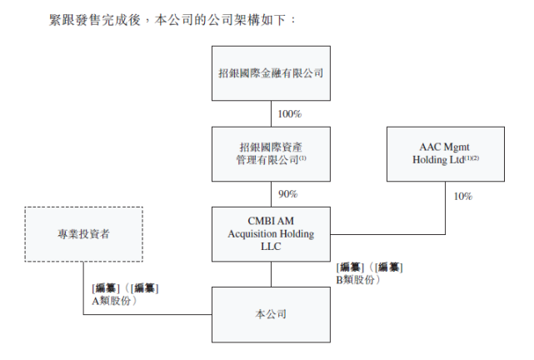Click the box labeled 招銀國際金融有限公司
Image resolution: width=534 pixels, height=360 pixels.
point(270,72)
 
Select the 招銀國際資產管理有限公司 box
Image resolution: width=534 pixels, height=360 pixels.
point(270,153)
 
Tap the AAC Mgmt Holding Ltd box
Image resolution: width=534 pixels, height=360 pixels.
point(445,153)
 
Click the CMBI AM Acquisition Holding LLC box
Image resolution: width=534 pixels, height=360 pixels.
point(270,234)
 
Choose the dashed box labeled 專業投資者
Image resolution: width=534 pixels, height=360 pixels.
point(83,234)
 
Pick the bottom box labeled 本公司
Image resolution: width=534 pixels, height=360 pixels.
point(270,314)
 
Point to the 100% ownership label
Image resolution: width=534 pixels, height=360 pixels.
point(289,113)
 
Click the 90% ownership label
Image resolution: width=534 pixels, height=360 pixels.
point(287,194)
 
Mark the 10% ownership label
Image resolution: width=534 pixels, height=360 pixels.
point(462,197)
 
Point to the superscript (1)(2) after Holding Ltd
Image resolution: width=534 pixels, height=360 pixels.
point(471,158)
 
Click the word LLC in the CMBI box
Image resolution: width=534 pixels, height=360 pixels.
point(271,247)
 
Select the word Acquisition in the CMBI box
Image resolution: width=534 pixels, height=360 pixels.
point(256,234)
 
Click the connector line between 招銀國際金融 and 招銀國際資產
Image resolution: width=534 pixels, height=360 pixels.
point(271,113)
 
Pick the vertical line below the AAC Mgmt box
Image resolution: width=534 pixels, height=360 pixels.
point(445,208)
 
